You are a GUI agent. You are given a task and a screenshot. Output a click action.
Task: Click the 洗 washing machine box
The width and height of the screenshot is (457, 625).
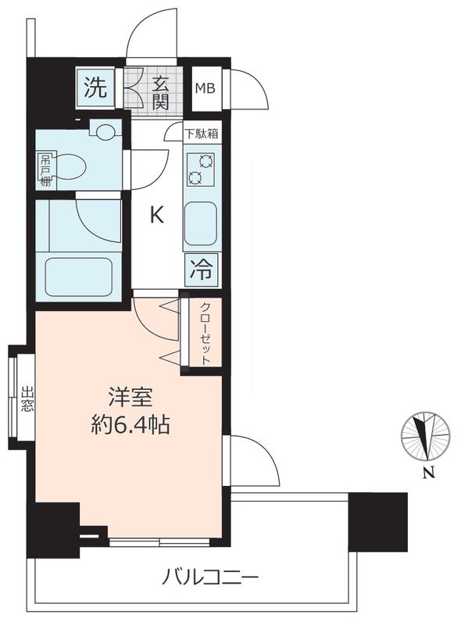pyautogui.click(x=95, y=88)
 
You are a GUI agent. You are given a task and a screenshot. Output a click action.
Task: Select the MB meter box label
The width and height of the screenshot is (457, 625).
pyautogui.click(x=206, y=88)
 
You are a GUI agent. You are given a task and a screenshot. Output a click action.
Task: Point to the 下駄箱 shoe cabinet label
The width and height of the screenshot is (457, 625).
pyautogui.click(x=202, y=134)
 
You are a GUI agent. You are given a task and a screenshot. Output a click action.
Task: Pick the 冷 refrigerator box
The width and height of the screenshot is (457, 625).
pyautogui.click(x=202, y=271)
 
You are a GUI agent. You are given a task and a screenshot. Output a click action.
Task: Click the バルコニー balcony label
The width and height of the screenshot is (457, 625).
pyautogui.click(x=210, y=580)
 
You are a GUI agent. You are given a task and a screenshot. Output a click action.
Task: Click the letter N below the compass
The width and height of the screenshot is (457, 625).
pyautogui.click(x=427, y=471)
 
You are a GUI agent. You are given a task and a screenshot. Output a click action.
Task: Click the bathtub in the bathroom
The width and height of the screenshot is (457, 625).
pyautogui.click(x=77, y=276)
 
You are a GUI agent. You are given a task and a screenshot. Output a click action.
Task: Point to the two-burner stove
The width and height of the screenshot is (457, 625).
pyautogui.click(x=202, y=169)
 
